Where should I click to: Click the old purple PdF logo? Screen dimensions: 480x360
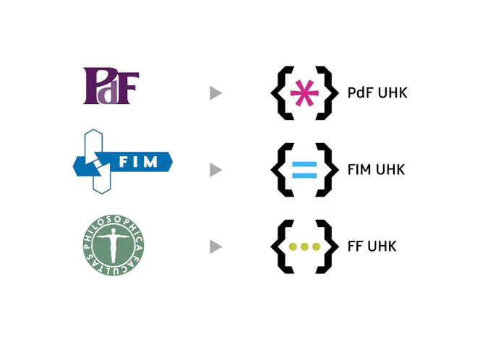click(111, 86)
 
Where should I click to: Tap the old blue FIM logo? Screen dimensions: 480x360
click(122, 161)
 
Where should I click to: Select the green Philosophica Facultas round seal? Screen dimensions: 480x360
click(113, 245)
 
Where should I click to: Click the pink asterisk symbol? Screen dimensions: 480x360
click(304, 93)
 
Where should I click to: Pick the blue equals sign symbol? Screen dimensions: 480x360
click(304, 170)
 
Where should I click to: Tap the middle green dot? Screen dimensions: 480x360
click(304, 247)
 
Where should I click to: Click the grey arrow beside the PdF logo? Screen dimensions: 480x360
click(216, 93)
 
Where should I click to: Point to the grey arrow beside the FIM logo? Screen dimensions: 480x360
click(216, 170)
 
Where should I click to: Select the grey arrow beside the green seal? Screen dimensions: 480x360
click(216, 247)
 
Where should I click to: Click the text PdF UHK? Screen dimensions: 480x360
click(377, 93)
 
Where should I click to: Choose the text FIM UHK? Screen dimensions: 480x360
click(376, 170)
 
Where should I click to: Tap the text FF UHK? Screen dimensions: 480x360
click(372, 247)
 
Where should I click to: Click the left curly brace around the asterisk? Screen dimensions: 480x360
click(282, 93)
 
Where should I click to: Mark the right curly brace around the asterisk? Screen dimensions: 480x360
click(327, 93)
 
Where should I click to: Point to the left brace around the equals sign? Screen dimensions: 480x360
click(282, 170)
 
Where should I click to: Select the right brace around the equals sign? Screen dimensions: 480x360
click(327, 170)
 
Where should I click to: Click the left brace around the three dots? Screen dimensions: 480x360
click(282, 247)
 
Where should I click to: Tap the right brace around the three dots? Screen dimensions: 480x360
click(327, 247)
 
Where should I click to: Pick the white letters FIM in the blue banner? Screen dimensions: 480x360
click(138, 162)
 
